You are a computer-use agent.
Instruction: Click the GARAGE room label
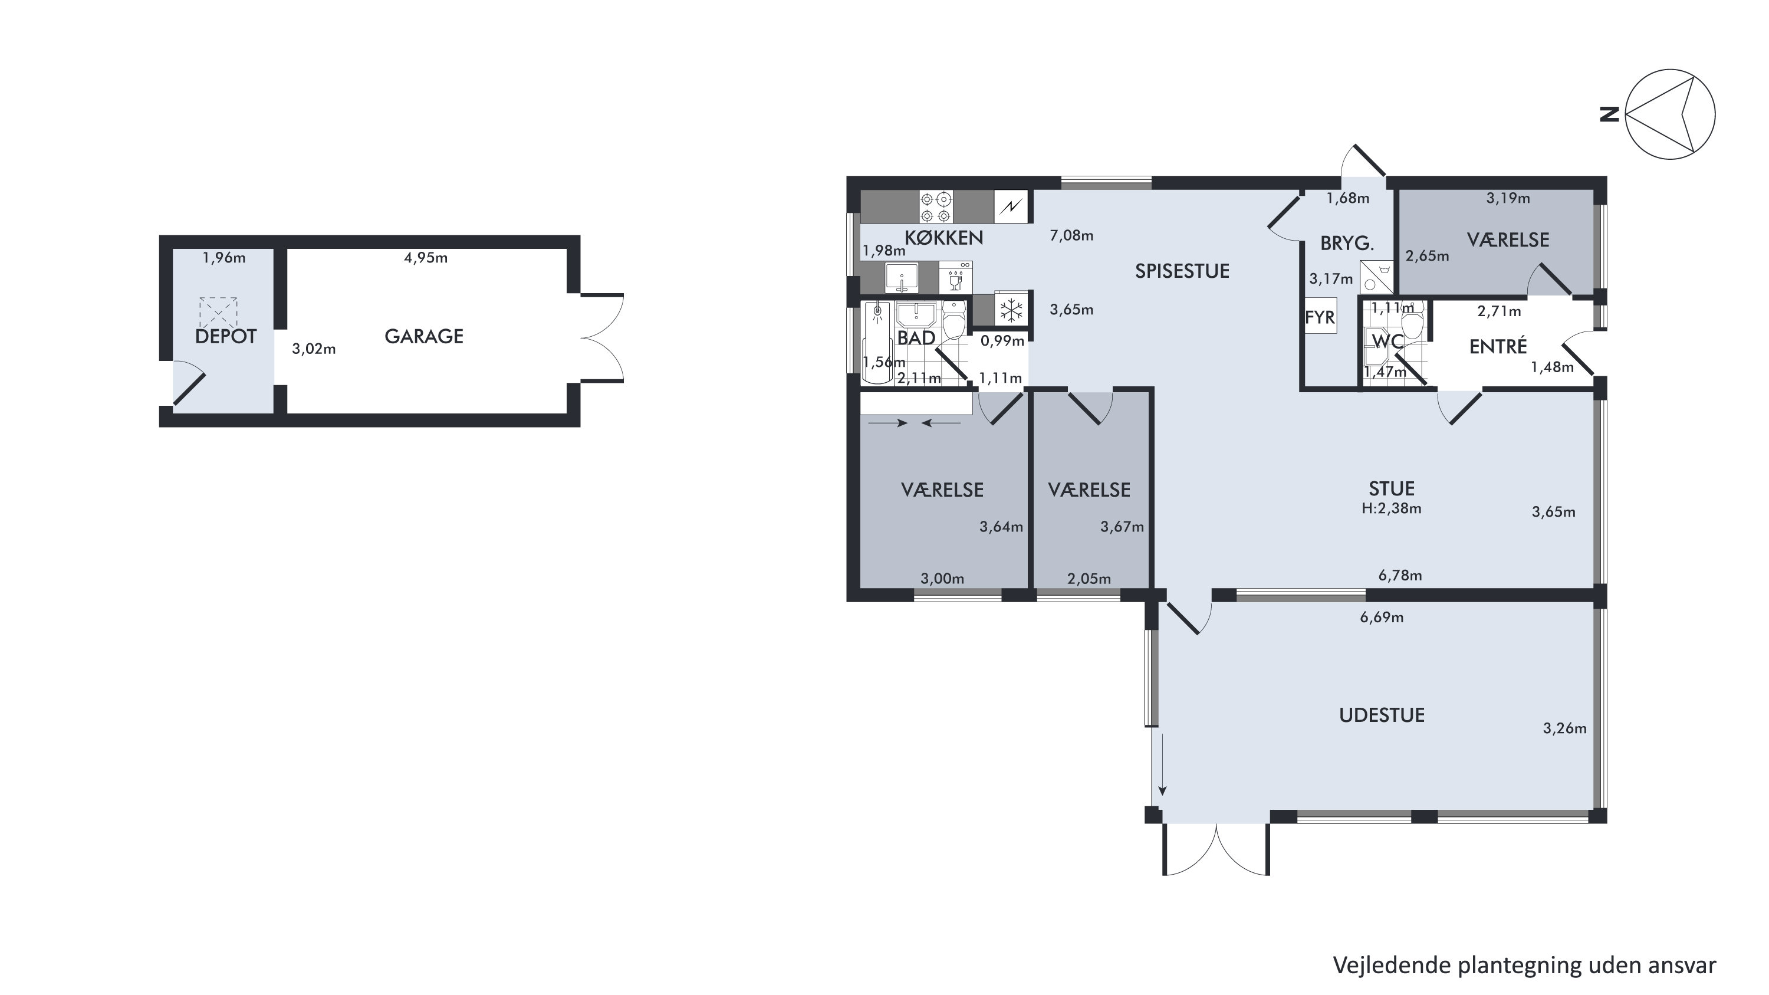click(x=424, y=336)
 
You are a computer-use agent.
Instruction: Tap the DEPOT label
click(x=226, y=336)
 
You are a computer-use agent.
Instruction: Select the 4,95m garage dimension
click(x=426, y=258)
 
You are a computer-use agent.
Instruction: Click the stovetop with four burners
click(x=935, y=206)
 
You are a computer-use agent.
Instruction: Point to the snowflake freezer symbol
click(x=1011, y=310)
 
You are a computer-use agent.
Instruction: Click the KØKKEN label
click(x=943, y=238)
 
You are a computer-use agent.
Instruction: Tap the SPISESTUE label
click(x=1182, y=271)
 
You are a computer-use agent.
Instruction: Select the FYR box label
click(x=1319, y=318)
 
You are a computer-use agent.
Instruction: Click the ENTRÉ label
click(x=1498, y=346)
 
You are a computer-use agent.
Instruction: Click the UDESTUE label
click(x=1382, y=715)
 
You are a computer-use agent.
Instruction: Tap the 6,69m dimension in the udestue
click(x=1382, y=618)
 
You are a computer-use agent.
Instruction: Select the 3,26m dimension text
click(x=1564, y=728)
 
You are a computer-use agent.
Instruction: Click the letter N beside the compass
click(x=1610, y=114)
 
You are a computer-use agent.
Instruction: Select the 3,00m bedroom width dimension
click(x=942, y=579)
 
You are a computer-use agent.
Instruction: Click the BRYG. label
click(x=1347, y=243)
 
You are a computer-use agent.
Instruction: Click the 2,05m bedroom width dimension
click(x=1089, y=579)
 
